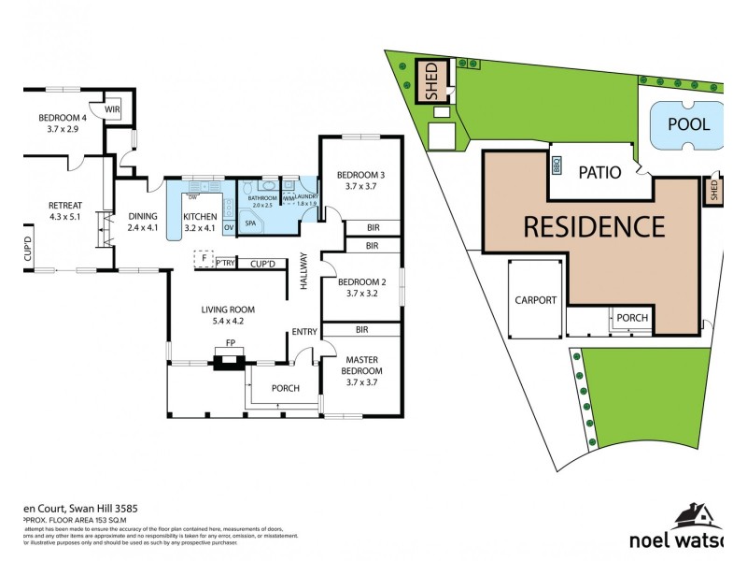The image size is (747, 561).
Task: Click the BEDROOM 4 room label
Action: tap(62, 118)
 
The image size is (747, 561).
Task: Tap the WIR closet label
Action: tap(112, 109)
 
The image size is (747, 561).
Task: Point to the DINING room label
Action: tap(143, 217)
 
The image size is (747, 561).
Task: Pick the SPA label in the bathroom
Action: tap(250, 223)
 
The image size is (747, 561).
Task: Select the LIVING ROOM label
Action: tap(228, 309)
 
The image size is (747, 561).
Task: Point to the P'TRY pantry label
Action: tap(224, 264)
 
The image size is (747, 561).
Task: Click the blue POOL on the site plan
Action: tap(687, 123)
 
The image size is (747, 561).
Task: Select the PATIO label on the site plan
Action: tap(600, 173)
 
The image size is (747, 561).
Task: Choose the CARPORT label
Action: tap(535, 300)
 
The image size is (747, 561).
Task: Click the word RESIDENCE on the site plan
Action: tap(593, 227)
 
